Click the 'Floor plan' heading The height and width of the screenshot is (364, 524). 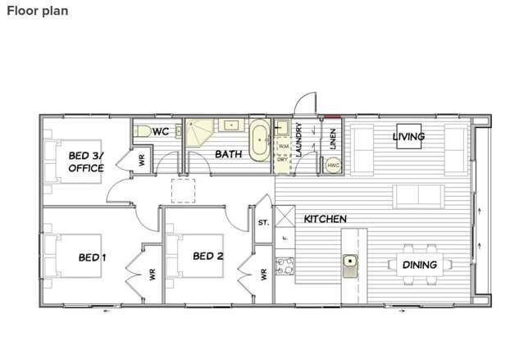(38, 11)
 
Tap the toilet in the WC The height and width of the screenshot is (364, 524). (142, 130)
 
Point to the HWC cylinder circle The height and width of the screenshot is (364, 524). (333, 165)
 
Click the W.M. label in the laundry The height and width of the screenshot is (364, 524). (283, 146)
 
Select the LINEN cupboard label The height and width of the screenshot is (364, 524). (333, 139)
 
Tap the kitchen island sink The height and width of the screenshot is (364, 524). (350, 262)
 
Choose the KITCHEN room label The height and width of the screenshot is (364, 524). (325, 220)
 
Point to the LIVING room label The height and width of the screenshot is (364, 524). (408, 136)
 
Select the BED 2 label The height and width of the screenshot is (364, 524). (207, 257)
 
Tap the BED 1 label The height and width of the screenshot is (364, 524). (93, 257)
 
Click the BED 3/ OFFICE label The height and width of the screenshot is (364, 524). (85, 162)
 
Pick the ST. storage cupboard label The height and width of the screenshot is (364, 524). (263, 222)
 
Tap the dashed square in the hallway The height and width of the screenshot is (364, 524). (183, 191)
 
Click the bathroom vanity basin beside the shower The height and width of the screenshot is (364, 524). (230, 125)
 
